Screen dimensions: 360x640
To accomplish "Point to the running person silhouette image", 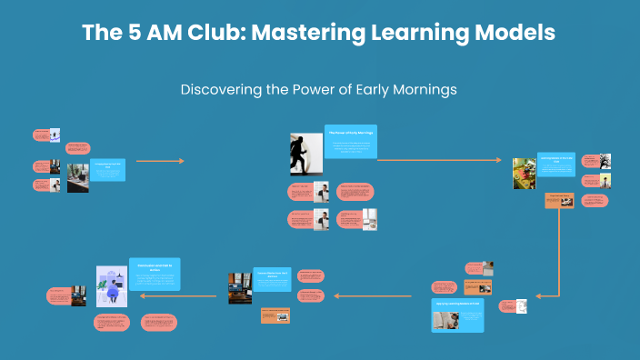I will click(301, 155).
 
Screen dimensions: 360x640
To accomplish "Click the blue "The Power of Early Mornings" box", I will click(350, 142).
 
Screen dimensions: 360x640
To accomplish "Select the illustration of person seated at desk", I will click(112, 285).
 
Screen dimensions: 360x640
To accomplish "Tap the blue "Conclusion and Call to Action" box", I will click(155, 274).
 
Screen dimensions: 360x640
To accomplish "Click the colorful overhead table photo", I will click(524, 173).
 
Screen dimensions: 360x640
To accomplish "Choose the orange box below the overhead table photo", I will click(558, 200).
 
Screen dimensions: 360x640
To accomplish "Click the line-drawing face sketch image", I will click(522, 307).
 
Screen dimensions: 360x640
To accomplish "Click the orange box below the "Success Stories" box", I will click(275, 315).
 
